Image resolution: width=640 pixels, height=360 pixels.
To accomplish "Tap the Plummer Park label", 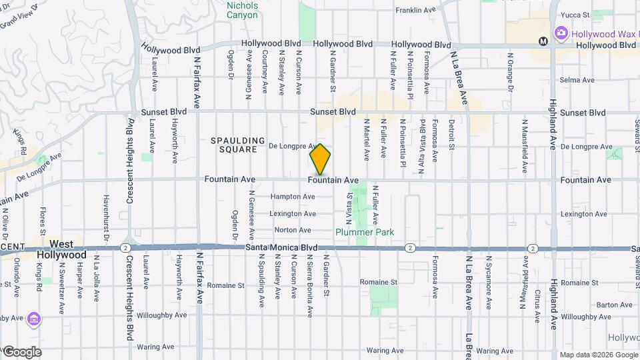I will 364,232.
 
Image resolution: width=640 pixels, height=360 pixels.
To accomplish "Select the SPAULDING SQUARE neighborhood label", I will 234,145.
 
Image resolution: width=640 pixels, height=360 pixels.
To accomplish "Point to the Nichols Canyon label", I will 242,10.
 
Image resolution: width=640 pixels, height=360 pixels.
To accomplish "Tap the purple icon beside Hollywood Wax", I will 561,32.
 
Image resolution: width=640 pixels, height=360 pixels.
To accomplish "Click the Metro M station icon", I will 543,41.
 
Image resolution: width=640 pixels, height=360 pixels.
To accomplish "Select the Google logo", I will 21,352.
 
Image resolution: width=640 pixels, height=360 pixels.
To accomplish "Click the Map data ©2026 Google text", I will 598,355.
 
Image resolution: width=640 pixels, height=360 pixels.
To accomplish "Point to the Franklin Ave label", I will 418,10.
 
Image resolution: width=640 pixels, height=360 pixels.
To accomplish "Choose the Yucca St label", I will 575,14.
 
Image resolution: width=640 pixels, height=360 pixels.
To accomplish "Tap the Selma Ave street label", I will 577,80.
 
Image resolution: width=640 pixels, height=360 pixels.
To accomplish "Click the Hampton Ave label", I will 293,197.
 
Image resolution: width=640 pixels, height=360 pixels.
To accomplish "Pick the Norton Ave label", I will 293,230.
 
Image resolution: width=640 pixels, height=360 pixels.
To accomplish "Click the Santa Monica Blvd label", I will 281,247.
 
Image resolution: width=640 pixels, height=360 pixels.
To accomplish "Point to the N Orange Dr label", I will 510,75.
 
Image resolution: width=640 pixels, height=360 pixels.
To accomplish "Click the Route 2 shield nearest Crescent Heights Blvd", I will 125,247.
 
